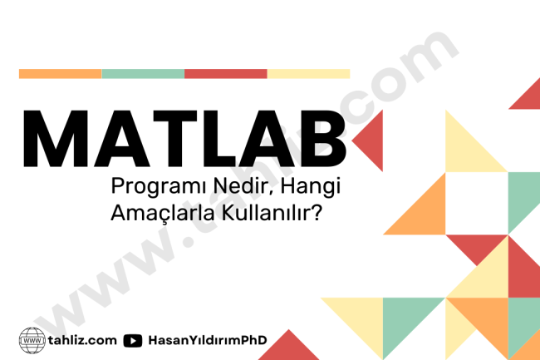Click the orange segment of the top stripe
coord(60,73)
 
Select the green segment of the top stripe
coord(143,73)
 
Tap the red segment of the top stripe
coord(226,73)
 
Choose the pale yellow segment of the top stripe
coord(308,73)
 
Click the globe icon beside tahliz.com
coord(32,340)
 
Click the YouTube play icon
coord(132,340)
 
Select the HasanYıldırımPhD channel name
coord(203,340)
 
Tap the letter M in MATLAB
coord(56,138)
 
